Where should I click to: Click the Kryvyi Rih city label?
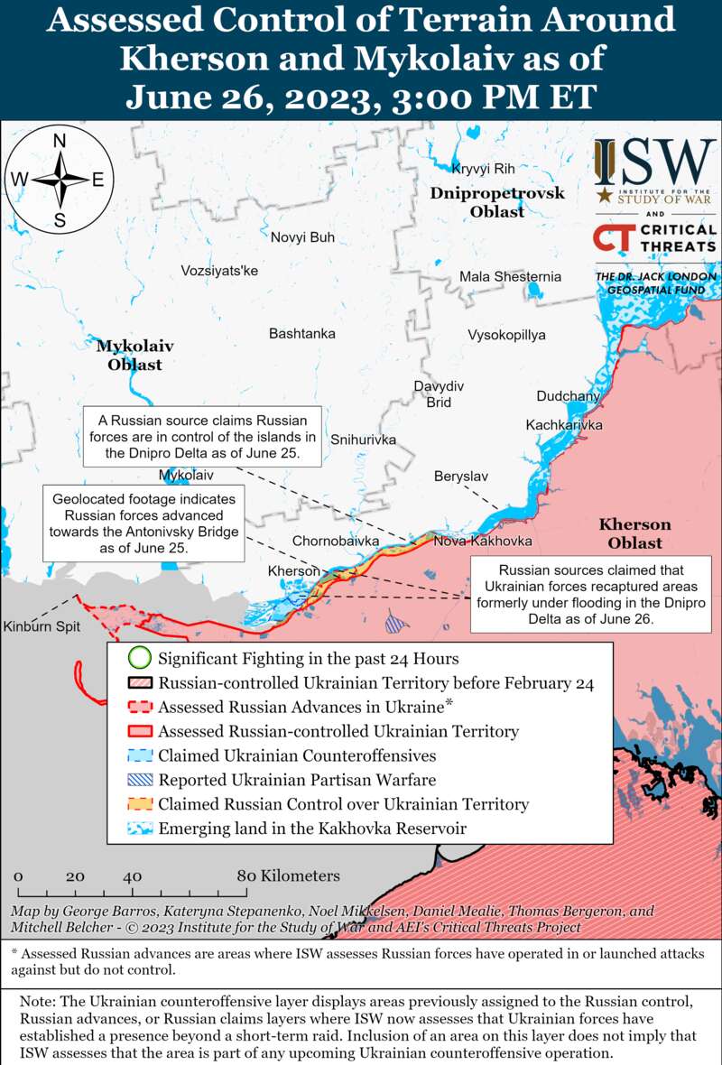[483, 169]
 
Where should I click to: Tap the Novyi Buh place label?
[302, 237]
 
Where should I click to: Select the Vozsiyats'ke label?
[219, 271]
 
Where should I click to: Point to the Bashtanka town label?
[301, 334]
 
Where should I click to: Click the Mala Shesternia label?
[510, 276]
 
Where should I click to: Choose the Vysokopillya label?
[506, 335]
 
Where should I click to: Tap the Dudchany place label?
[568, 396]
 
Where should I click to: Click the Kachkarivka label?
[564, 425]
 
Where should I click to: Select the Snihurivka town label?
[363, 440]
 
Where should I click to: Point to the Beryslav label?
[460, 476]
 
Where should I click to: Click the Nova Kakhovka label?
[482, 542]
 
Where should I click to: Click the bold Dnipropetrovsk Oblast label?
[496, 202]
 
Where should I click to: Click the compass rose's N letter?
[60, 140]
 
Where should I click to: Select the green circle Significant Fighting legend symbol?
[138, 658]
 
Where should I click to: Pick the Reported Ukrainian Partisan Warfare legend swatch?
[138, 780]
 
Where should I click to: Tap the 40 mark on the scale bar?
[133, 876]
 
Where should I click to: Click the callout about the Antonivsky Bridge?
[145, 523]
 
